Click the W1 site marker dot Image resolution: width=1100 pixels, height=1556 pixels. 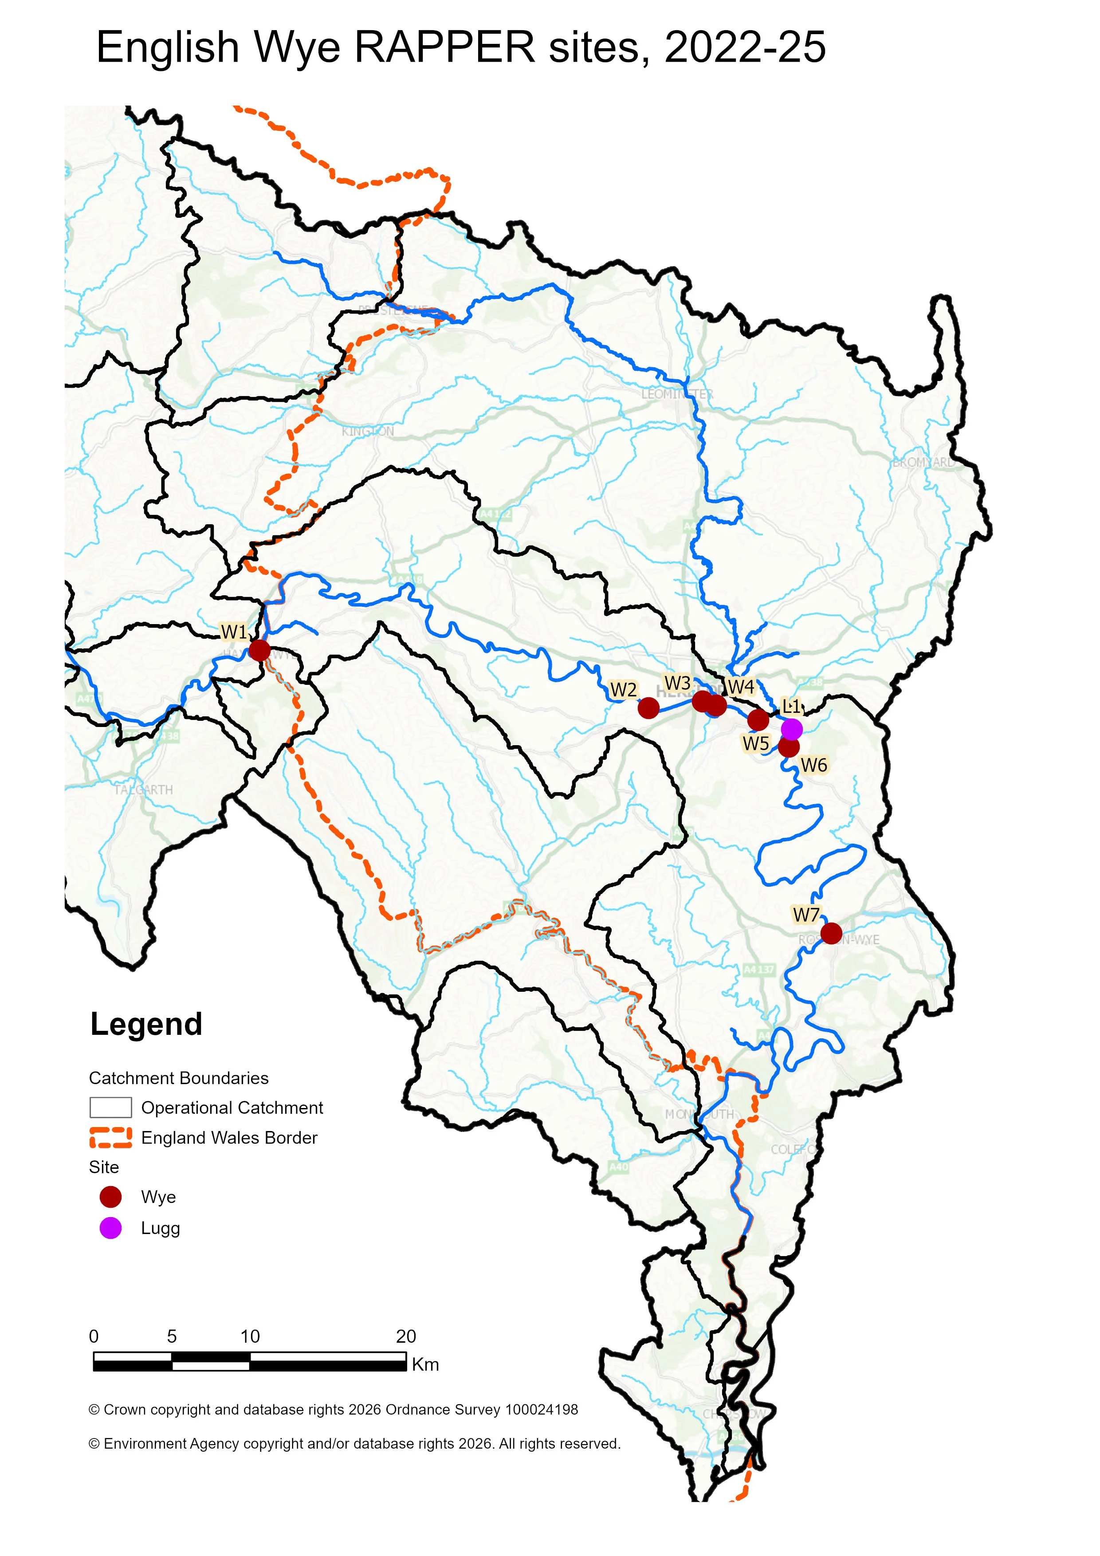pyautogui.click(x=259, y=651)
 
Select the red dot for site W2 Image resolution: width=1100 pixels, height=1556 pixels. pyautogui.click(x=648, y=708)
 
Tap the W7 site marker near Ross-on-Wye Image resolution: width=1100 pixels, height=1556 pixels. pyautogui.click(x=831, y=933)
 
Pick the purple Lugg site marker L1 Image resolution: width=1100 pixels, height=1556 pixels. pyautogui.click(x=792, y=729)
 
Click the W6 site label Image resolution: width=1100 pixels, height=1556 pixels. pyautogui.click(x=813, y=765)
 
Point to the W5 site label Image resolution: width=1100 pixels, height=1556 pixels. pyautogui.click(x=756, y=743)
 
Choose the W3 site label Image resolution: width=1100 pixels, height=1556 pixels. pyautogui.click(x=677, y=683)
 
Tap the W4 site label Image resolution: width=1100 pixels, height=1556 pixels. pyautogui.click(x=741, y=687)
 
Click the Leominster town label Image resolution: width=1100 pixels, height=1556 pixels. pyautogui.click(x=677, y=394)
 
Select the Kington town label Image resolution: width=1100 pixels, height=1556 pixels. pyautogui.click(x=367, y=432)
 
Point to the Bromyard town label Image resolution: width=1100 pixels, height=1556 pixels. pyautogui.click(x=922, y=463)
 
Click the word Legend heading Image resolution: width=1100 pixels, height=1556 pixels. pyautogui.click(x=146, y=1024)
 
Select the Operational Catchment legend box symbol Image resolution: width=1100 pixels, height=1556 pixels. pyautogui.click(x=110, y=1108)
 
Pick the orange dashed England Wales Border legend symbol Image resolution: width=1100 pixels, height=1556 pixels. pyautogui.click(x=110, y=1137)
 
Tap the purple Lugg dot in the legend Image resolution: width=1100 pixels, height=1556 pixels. pyautogui.click(x=110, y=1228)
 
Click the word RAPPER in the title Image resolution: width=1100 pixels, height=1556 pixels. pyautogui.click(x=444, y=47)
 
